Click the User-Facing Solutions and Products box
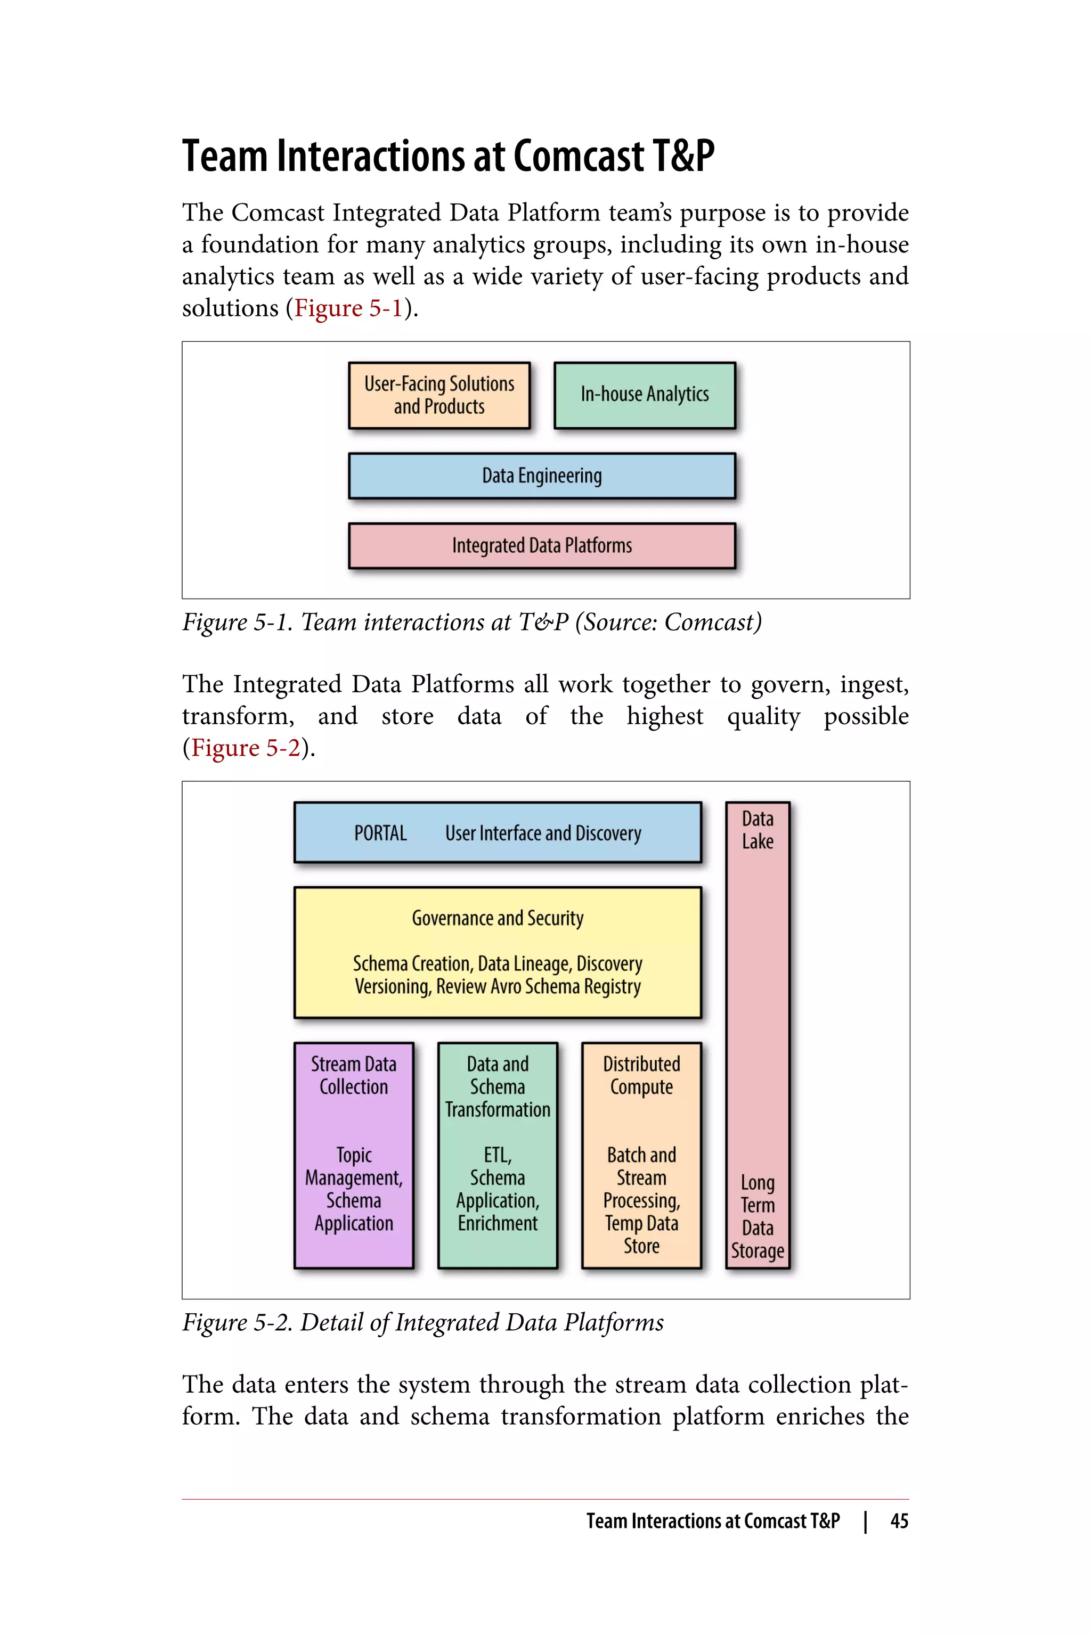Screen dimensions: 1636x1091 click(x=439, y=395)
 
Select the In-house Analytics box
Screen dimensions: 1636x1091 click(x=644, y=395)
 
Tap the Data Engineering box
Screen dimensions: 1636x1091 click(x=541, y=476)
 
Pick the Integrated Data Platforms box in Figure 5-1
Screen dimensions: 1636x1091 click(x=541, y=546)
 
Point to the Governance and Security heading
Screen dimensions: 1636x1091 click(x=498, y=918)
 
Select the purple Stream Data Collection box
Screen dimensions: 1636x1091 click(x=354, y=1155)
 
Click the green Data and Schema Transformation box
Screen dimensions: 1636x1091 click(x=498, y=1155)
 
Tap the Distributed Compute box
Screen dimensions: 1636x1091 click(x=641, y=1155)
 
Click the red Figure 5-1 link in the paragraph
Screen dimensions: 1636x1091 click(x=348, y=308)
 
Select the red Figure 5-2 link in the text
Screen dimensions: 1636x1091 click(x=246, y=748)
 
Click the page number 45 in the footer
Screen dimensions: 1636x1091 click(x=899, y=1521)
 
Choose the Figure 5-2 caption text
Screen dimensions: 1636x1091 click(x=422, y=1322)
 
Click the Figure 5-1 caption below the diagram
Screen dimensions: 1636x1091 click(x=472, y=622)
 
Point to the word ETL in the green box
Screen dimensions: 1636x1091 click(x=498, y=1155)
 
